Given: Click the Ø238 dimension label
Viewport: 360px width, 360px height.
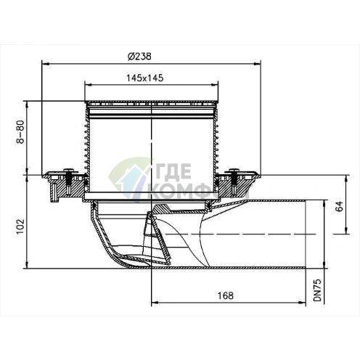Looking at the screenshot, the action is (x=139, y=57).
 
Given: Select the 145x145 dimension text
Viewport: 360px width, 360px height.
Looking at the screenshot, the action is (x=145, y=78).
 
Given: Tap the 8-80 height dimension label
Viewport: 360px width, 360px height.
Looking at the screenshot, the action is (x=21, y=131).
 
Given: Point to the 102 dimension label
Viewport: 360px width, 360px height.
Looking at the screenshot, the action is (x=21, y=226).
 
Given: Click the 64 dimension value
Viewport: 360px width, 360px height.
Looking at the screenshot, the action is (x=340, y=206).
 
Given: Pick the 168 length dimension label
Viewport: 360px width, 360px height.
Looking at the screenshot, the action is (x=226, y=295).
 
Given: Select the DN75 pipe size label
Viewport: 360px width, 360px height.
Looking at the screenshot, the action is (x=317, y=290).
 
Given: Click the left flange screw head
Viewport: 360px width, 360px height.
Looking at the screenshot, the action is (x=69, y=171).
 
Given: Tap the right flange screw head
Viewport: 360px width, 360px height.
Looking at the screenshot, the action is (x=234, y=171).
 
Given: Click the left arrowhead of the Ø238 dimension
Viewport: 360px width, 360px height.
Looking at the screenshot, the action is (x=46, y=64).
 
